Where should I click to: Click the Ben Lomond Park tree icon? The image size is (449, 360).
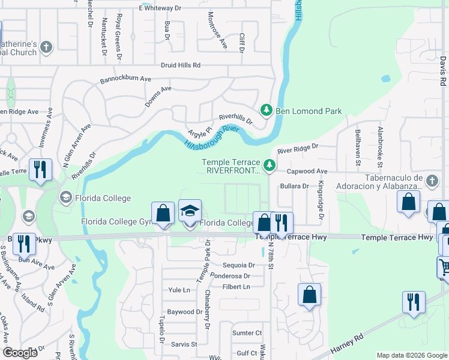click(x=267, y=110)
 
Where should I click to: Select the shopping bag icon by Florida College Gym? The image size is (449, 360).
click(x=163, y=214)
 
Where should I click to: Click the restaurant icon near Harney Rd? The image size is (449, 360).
click(x=413, y=302)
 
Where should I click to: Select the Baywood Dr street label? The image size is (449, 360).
click(x=185, y=312)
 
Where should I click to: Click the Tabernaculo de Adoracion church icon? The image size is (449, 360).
click(x=431, y=181)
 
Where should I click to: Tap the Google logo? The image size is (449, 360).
click(x=20, y=353)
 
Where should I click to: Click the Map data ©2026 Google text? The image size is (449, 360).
click(x=411, y=355)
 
